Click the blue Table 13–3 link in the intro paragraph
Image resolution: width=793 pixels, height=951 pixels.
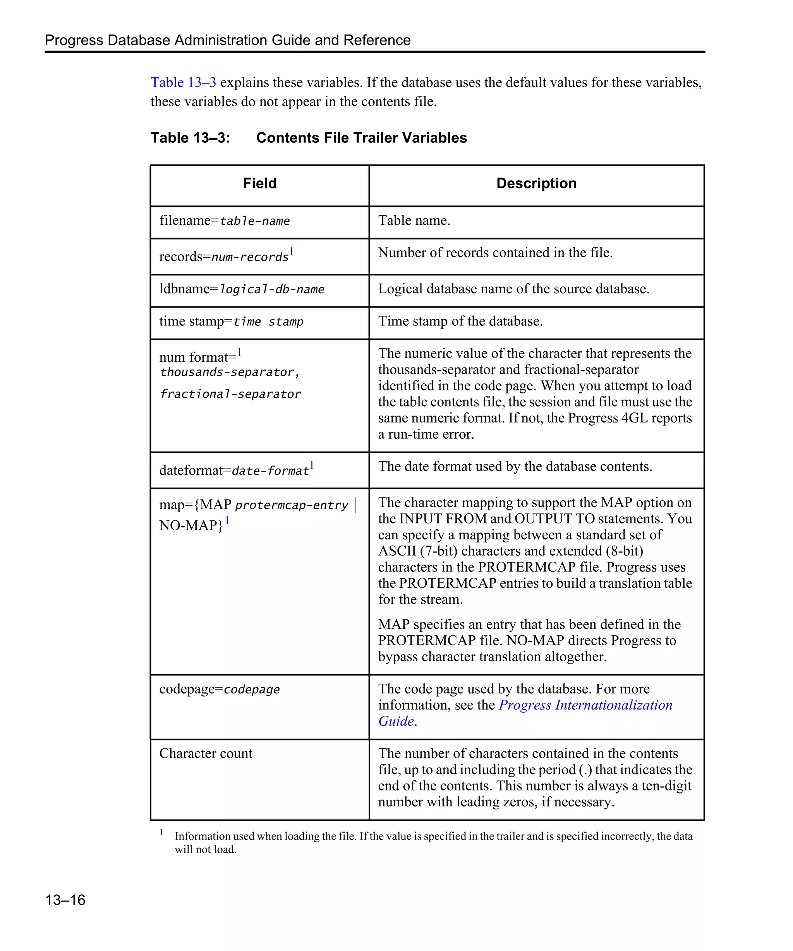pos(183,82)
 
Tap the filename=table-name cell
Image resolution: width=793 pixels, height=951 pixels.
pos(225,221)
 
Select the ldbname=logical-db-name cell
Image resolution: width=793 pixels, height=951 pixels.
pos(242,289)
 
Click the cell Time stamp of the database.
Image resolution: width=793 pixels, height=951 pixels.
pos(460,321)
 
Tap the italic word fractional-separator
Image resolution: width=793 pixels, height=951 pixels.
pos(231,394)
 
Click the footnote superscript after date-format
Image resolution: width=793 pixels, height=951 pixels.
pos(312,465)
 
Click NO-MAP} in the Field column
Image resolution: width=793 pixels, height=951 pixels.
pos(191,525)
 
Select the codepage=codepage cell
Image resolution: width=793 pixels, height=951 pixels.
pos(219,689)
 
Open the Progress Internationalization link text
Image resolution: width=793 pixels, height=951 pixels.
pos(585,705)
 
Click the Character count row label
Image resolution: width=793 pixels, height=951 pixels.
pos(206,754)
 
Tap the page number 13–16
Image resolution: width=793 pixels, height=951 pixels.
pos(65,900)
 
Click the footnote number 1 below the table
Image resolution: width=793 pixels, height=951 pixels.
pos(161,832)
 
